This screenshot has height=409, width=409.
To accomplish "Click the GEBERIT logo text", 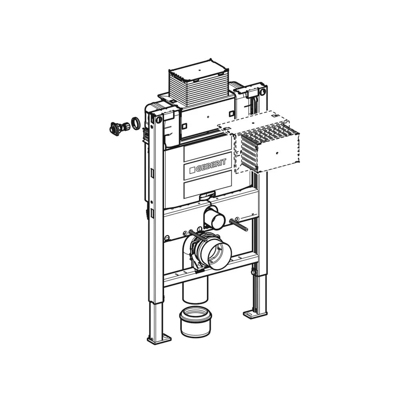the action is point(211,166).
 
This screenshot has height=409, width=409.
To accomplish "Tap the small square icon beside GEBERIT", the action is point(192,170).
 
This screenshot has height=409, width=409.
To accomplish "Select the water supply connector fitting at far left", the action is point(119,127).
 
